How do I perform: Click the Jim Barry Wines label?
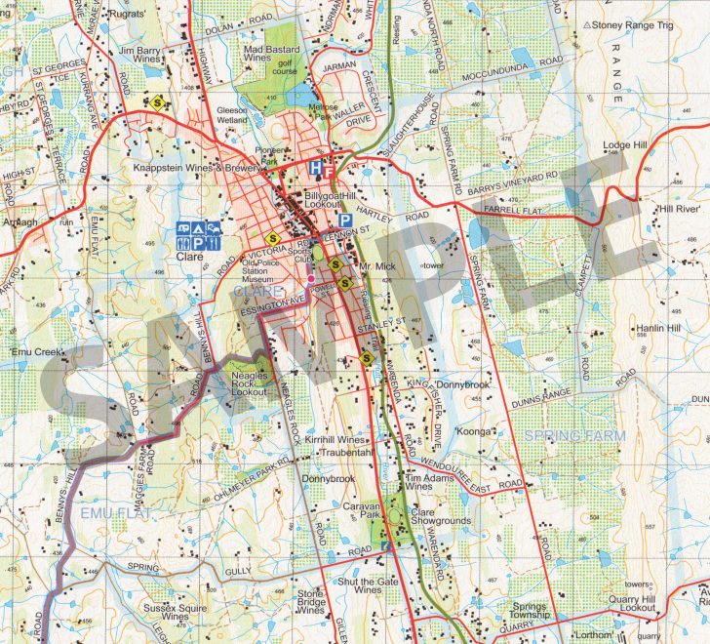click(138, 53)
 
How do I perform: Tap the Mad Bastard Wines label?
click(270, 52)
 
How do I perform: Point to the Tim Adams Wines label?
click(426, 483)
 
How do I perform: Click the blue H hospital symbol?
click(315, 169)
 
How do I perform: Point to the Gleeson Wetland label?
click(234, 116)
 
